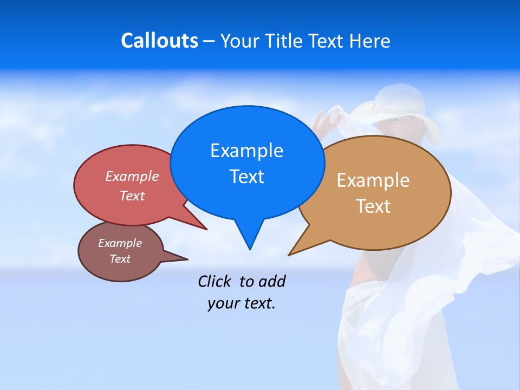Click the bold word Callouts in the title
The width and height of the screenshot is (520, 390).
tap(159, 41)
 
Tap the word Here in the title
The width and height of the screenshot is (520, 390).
tap(369, 41)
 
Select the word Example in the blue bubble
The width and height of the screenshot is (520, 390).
tap(246, 151)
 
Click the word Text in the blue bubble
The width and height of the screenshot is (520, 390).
tap(246, 177)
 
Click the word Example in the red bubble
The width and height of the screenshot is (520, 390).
tap(132, 176)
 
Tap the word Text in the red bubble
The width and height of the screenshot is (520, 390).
tap(132, 196)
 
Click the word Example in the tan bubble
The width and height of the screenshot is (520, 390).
tap(373, 180)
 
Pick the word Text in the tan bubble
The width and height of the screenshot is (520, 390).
tap(373, 206)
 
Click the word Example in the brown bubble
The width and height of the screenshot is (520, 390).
tap(120, 243)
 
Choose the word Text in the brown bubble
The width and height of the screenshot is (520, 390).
tap(120, 259)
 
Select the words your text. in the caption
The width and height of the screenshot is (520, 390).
tap(242, 303)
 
